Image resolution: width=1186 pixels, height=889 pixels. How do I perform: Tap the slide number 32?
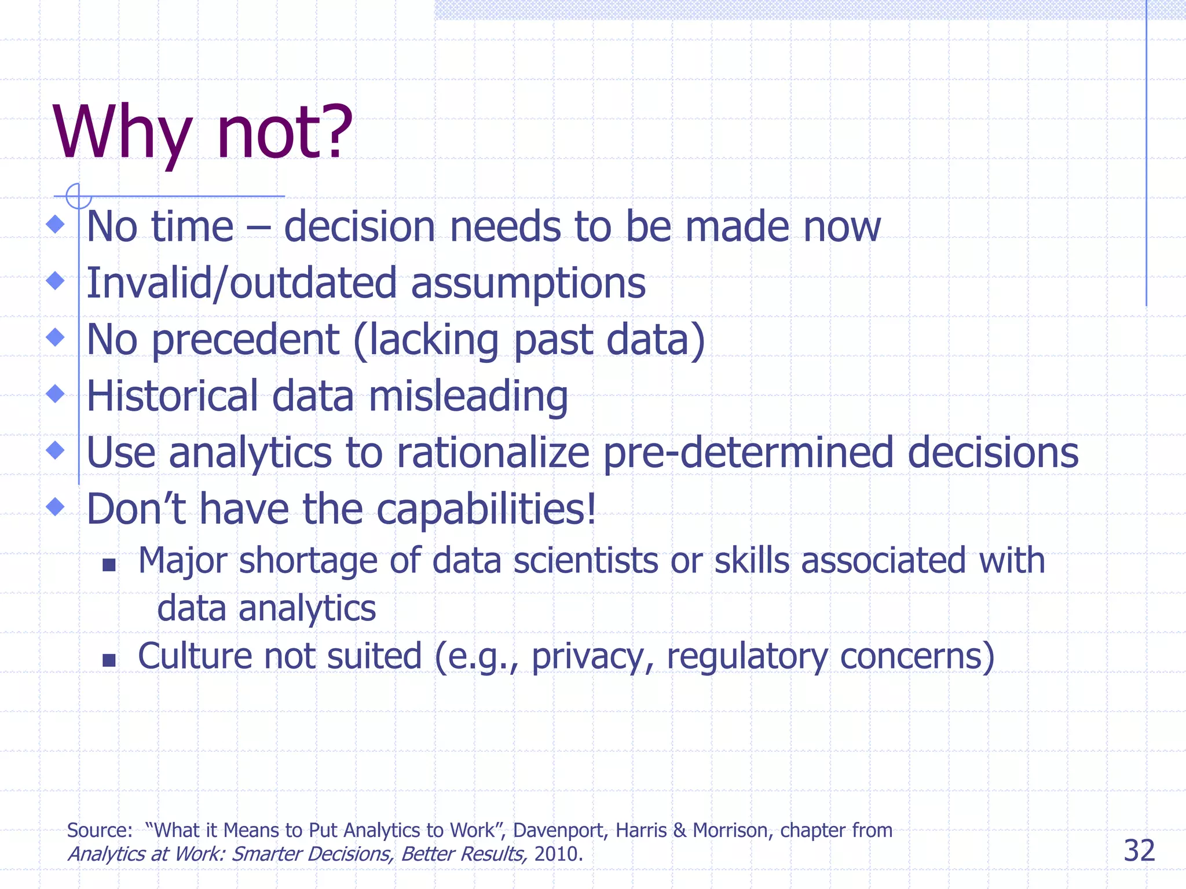pos(1139,851)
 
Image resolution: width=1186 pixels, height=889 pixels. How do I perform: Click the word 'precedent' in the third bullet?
pos(245,340)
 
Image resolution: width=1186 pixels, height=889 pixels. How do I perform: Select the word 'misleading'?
pos(468,397)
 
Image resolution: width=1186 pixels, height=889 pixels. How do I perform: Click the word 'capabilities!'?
pos(486,509)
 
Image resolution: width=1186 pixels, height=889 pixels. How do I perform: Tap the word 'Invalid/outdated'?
pos(241,284)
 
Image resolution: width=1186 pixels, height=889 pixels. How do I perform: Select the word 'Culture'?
pos(195,656)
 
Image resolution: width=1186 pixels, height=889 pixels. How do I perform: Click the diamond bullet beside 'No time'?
pos(56,225)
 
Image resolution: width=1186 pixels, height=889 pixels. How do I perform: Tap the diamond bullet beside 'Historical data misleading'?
pos(56,394)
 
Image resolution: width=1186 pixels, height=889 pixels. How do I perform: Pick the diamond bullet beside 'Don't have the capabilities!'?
pos(56,506)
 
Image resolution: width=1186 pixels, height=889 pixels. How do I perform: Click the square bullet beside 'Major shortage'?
pos(109,564)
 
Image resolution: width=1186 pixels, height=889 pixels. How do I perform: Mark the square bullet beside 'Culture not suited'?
pos(109,660)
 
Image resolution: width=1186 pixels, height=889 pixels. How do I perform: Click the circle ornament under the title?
pos(78,196)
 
